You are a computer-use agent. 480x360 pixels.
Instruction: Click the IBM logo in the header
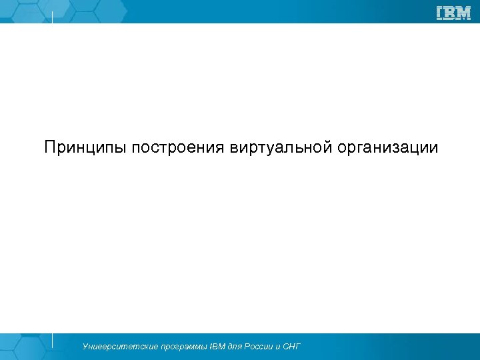453,13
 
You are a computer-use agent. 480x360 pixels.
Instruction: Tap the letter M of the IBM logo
463,13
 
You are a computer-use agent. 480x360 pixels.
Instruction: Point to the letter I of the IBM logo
440,13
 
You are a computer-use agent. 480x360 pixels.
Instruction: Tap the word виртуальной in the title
281,147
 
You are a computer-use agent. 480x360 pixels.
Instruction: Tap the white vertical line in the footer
52,340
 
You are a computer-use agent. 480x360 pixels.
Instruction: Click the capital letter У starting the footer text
85,347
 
